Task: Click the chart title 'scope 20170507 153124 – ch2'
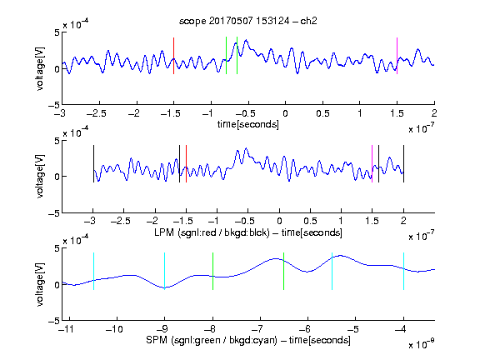pyautogui.click(x=248, y=21)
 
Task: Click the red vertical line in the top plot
pyautogui.click(x=173, y=56)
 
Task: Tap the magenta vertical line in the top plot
pyautogui.click(x=397, y=56)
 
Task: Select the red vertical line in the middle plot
pyautogui.click(x=186, y=164)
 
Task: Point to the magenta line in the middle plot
pyautogui.click(x=372, y=164)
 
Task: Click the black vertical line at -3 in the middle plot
pyautogui.click(x=93, y=164)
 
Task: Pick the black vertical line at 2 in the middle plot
pyautogui.click(x=403, y=164)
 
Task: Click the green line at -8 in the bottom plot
pyautogui.click(x=212, y=271)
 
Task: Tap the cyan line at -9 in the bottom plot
pyautogui.click(x=165, y=271)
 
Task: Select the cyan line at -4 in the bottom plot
pyautogui.click(x=403, y=271)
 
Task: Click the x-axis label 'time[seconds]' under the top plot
pyautogui.click(x=248, y=125)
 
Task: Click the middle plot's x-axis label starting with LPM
pyautogui.click(x=248, y=232)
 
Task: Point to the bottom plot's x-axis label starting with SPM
pyautogui.click(x=248, y=340)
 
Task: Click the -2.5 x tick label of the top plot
pyautogui.click(x=97, y=114)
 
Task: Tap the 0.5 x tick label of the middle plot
pyautogui.click(x=310, y=221)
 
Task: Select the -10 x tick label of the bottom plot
pyautogui.click(x=114, y=329)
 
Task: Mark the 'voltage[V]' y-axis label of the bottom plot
pyautogui.click(x=40, y=284)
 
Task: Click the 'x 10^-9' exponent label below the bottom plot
pyautogui.click(x=422, y=344)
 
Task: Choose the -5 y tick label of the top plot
pyautogui.click(x=54, y=106)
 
